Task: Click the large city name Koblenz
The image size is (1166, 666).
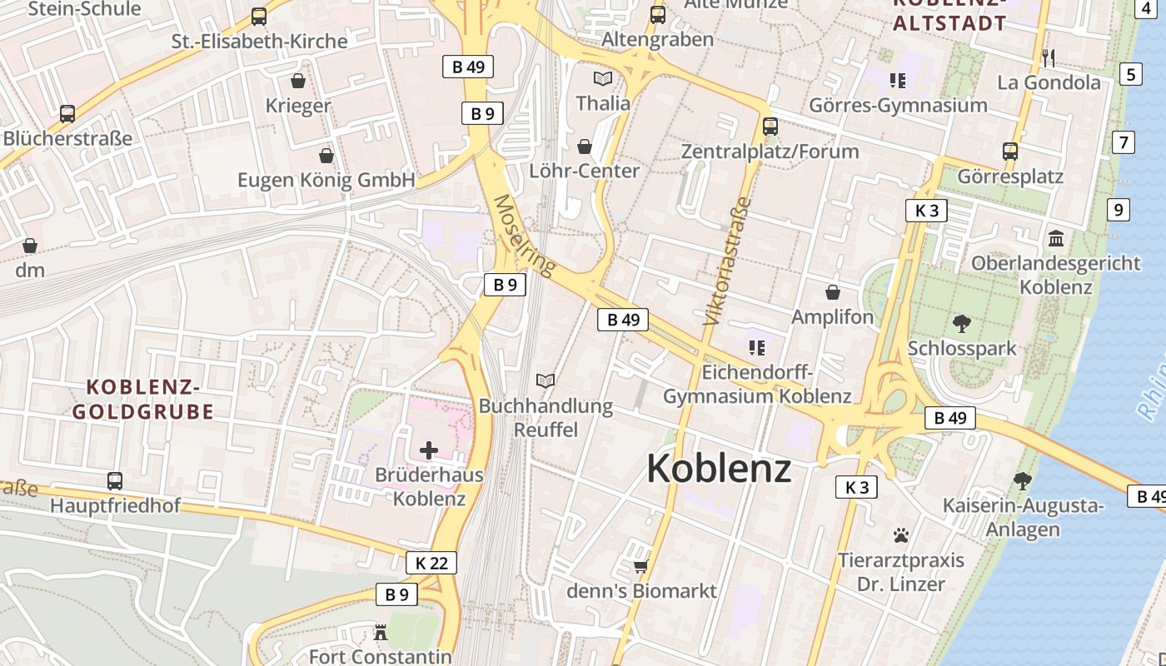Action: click(x=719, y=469)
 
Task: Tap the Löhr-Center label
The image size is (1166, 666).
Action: click(x=585, y=171)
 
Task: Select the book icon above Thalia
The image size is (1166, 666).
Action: click(x=602, y=79)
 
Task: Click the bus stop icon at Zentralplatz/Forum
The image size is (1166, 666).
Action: click(x=770, y=127)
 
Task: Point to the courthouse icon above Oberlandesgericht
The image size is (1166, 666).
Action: click(x=1056, y=239)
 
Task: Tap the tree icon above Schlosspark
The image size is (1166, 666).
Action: click(x=962, y=323)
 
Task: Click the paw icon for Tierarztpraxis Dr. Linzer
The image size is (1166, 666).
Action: click(x=900, y=534)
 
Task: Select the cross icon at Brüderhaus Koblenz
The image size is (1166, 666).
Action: click(x=429, y=451)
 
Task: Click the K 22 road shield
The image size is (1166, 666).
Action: click(x=431, y=563)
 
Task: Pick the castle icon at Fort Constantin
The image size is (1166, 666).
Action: click(x=381, y=632)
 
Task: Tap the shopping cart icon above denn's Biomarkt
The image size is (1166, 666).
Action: click(x=640, y=567)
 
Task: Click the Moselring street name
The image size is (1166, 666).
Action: click(x=524, y=236)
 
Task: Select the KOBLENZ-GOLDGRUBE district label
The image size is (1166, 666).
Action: click(x=143, y=399)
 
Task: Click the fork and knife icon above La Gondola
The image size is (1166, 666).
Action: click(x=1049, y=57)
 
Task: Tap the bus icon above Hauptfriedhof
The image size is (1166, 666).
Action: click(x=115, y=480)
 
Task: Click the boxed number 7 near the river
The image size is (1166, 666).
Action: click(x=1124, y=142)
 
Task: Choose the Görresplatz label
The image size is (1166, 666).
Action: click(x=1010, y=176)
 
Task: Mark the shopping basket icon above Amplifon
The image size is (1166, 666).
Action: click(x=832, y=292)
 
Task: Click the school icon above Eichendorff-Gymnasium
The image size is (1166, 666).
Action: click(x=756, y=347)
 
